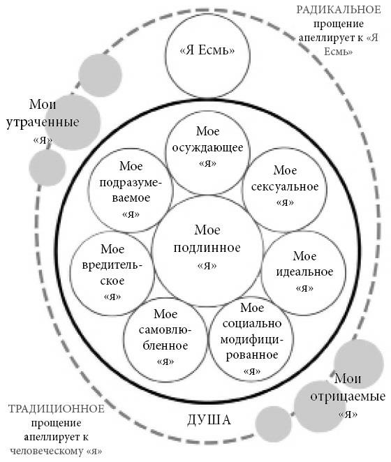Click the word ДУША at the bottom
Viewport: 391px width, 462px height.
pyautogui.click(x=209, y=420)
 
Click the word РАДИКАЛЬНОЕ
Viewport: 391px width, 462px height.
pyautogui.click(x=339, y=10)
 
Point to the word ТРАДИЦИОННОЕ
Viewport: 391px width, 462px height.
pyautogui.click(x=56, y=409)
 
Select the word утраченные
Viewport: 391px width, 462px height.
pyautogui.click(x=43, y=123)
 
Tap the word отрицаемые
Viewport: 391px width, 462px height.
pyautogui.click(x=348, y=396)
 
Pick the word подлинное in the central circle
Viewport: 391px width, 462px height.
pyautogui.click(x=207, y=248)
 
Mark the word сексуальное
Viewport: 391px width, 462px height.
pyautogui.click(x=285, y=187)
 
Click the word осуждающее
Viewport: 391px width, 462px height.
pyautogui.click(x=207, y=148)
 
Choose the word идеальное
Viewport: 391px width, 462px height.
pyautogui.click(x=304, y=271)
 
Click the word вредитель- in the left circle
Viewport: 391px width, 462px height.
pyautogui.click(x=112, y=266)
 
